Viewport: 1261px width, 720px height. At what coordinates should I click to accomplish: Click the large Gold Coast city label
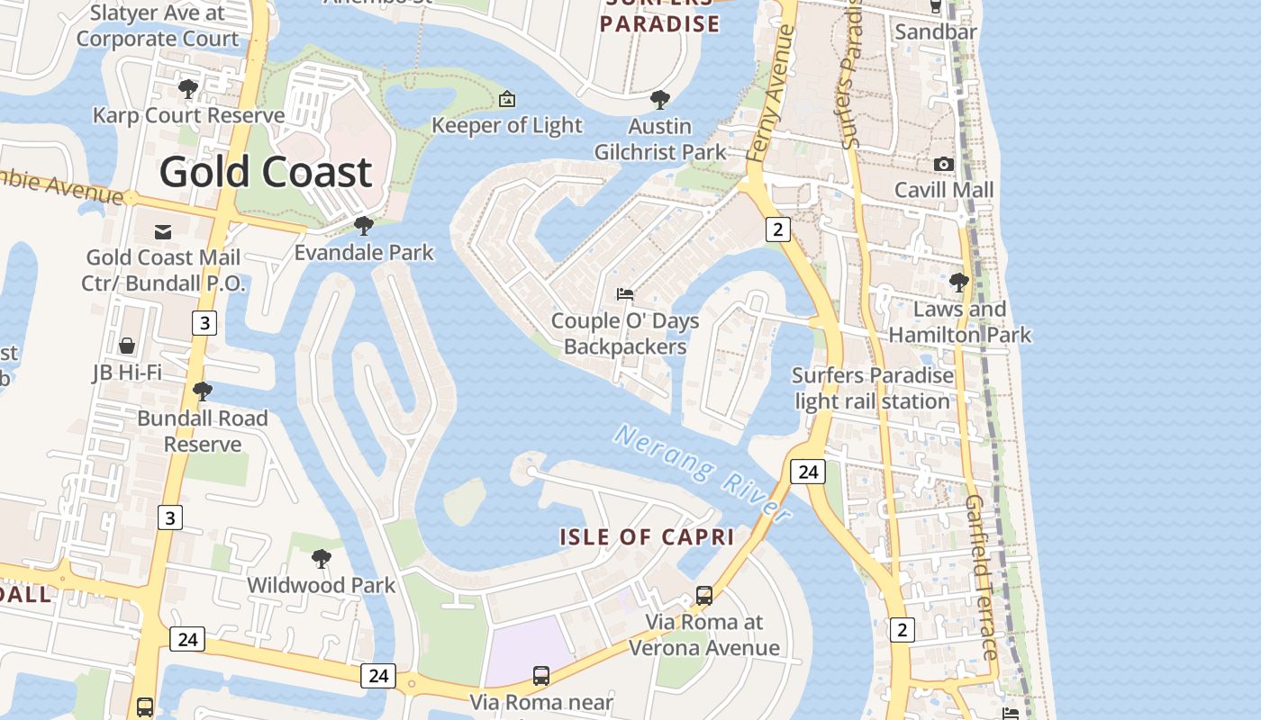coord(266,172)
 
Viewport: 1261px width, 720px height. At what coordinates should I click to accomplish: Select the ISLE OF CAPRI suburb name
coord(647,537)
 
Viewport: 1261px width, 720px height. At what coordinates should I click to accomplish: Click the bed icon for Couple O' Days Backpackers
coord(624,293)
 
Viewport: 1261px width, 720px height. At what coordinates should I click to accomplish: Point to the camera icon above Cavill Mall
coord(943,164)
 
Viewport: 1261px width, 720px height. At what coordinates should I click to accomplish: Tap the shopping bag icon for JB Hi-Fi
coord(127,346)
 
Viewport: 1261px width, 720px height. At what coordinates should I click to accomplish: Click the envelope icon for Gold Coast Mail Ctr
coord(162,232)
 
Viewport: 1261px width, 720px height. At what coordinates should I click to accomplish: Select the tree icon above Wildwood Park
coord(321,559)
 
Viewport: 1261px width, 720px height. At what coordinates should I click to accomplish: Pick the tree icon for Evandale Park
coord(364,225)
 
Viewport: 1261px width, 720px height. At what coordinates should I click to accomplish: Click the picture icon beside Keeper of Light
coord(507,98)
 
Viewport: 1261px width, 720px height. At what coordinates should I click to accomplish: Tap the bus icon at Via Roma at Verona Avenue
coord(704,595)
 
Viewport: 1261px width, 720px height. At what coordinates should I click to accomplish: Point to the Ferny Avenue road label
coord(771,94)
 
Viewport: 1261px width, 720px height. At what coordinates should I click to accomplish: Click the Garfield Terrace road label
coord(982,576)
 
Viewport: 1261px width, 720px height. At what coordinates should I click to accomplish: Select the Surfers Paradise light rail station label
coord(873,388)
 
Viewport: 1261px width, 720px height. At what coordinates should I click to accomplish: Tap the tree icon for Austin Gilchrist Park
coord(660,99)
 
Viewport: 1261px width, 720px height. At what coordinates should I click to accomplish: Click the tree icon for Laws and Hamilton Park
coord(959,283)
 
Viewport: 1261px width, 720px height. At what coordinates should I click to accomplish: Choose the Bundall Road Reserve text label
coord(203,431)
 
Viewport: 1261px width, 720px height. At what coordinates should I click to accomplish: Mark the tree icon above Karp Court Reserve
coord(188,88)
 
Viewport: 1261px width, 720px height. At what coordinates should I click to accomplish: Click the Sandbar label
coord(936,32)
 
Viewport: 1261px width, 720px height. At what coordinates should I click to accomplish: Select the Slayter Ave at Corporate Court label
coord(158,25)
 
